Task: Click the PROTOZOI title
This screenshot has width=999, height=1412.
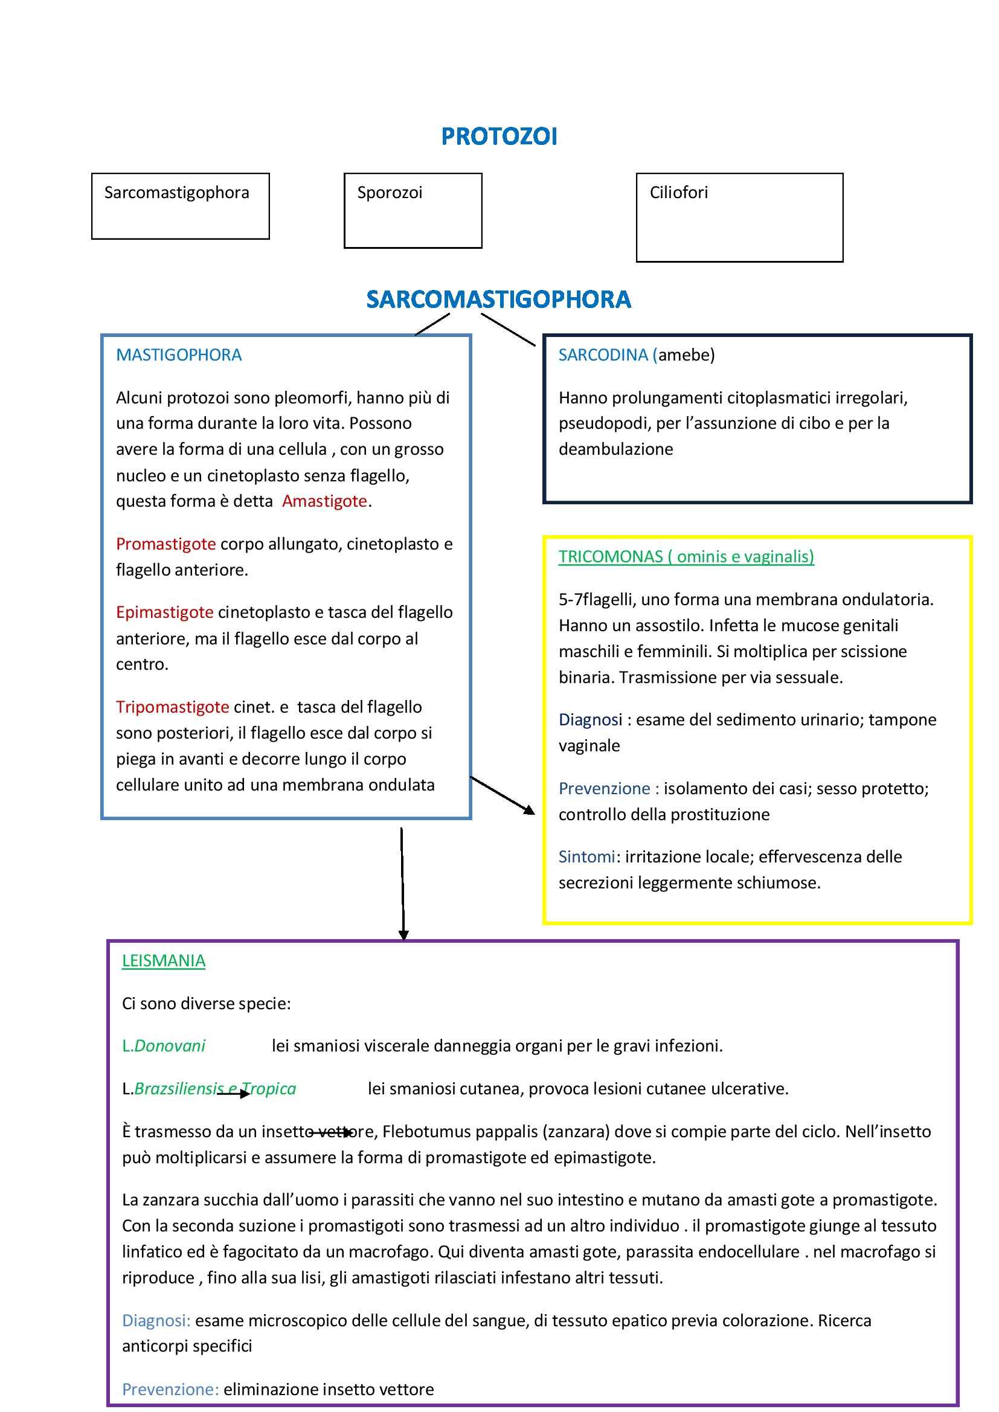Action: pyautogui.click(x=499, y=136)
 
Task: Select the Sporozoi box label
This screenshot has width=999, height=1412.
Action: pyautogui.click(x=390, y=193)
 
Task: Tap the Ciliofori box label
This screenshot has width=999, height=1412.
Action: pyautogui.click(x=678, y=193)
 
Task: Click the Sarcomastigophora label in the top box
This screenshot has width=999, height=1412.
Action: pyautogui.click(x=176, y=193)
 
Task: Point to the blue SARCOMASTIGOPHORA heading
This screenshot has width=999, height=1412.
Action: pyautogui.click(x=498, y=300)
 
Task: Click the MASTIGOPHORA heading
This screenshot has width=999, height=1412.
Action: pyautogui.click(x=178, y=355)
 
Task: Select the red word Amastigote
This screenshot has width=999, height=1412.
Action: pyautogui.click(x=324, y=501)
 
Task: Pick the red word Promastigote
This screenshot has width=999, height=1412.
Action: pyautogui.click(x=165, y=544)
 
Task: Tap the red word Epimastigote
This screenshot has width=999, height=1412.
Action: pyautogui.click(x=164, y=612)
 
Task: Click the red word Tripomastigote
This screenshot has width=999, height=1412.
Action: pyautogui.click(x=172, y=707)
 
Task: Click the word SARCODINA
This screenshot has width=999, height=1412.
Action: pyautogui.click(x=603, y=355)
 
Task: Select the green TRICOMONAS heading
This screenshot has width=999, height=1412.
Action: pyautogui.click(x=686, y=557)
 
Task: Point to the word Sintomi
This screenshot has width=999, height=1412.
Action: pyautogui.click(x=586, y=856)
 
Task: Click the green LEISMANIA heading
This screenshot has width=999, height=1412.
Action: pyautogui.click(x=163, y=961)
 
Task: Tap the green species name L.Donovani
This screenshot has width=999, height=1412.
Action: pyautogui.click(x=164, y=1045)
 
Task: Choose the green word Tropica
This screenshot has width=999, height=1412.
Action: pyautogui.click(x=271, y=1088)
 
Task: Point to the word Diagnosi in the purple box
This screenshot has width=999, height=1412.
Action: pyautogui.click(x=156, y=1320)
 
